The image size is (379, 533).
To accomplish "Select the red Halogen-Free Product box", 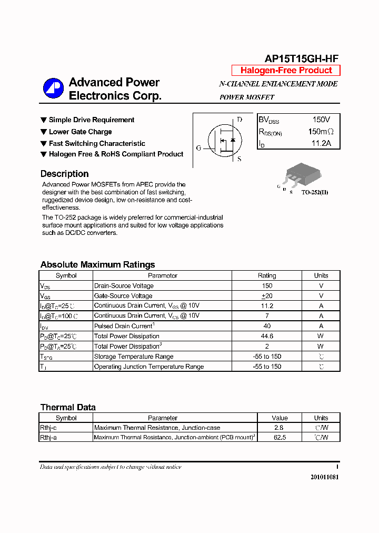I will pos(286,71).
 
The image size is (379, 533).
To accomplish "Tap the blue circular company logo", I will pos(53,88).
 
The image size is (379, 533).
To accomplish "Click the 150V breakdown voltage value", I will pos(321,120).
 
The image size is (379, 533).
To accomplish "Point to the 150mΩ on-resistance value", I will pos(321,132).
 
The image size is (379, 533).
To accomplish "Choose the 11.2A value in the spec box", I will pos(321,143).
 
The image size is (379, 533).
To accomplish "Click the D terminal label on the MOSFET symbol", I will pos(240,120).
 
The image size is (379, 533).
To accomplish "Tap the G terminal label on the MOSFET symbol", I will pos(199,148).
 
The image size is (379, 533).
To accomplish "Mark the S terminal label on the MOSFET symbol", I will pos(239,159).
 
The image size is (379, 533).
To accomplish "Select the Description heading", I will pos(64,174).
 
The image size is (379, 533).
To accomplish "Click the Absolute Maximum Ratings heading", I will pos(97,264).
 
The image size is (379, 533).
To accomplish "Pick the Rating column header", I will pos(267,275).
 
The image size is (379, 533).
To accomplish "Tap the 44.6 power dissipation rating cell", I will pos(267,336).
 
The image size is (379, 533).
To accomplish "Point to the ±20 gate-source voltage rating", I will pos(267,296).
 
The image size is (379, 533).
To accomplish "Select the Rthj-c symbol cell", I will pos(48,428).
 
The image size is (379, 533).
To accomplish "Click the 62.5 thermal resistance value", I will pos(280,438).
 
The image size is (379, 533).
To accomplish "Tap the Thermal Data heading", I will pos(68,407).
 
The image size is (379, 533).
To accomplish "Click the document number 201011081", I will pos(325,477).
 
